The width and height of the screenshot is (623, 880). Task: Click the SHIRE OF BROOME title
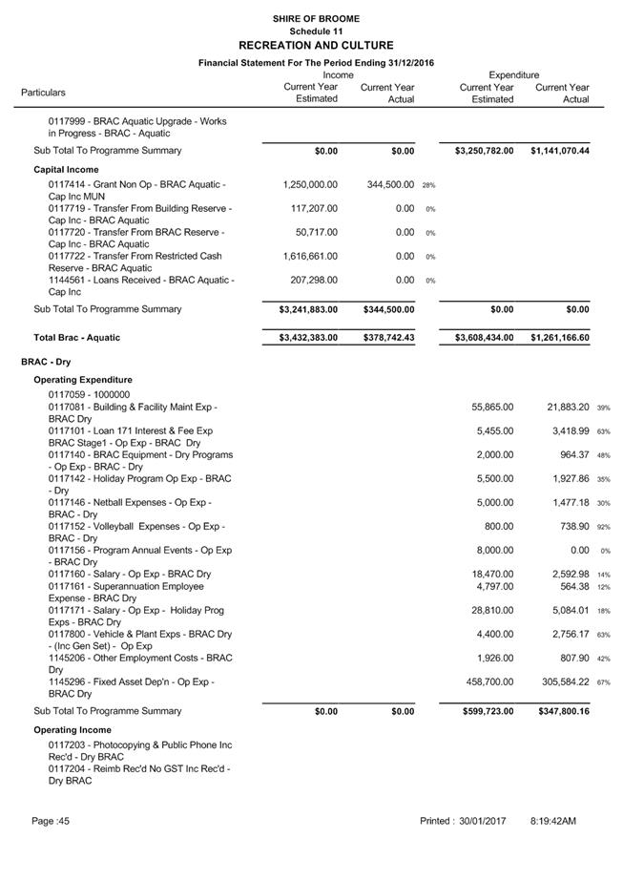(x=316, y=18)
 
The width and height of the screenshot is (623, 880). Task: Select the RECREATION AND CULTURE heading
(x=316, y=45)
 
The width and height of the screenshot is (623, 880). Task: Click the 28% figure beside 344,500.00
(x=429, y=185)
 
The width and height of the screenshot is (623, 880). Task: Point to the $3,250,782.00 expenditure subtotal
(x=481, y=151)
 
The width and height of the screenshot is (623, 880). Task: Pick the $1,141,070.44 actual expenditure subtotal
(x=560, y=151)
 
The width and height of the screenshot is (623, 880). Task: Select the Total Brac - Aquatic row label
(x=77, y=338)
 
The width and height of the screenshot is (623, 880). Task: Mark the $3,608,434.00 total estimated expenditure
(x=481, y=338)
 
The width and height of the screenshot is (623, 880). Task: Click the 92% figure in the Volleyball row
(x=604, y=527)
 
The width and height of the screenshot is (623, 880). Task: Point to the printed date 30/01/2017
(x=481, y=821)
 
